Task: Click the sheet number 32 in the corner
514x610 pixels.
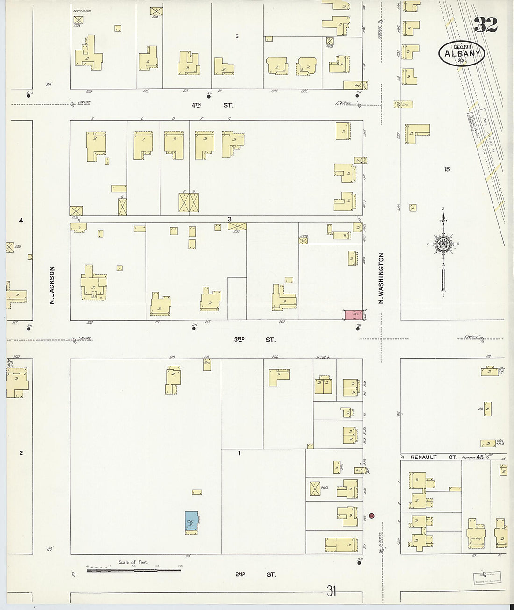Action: pos(485,24)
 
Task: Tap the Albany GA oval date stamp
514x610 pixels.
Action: pos(462,53)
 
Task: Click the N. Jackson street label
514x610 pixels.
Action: pos(52,285)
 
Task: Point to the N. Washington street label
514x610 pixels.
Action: pos(381,279)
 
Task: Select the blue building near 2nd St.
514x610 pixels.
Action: pos(191,522)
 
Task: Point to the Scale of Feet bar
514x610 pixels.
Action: pos(133,570)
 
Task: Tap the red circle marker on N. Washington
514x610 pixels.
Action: pos(371,516)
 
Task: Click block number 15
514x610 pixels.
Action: pos(447,169)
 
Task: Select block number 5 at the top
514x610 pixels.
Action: pos(237,36)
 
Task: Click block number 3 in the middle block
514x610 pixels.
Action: pos(229,219)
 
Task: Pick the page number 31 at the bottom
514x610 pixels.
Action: pos(331,591)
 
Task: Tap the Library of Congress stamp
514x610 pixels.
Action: pos(486,578)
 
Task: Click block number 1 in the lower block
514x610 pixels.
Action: pos(239,453)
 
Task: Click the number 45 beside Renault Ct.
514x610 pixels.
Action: pos(480,457)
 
